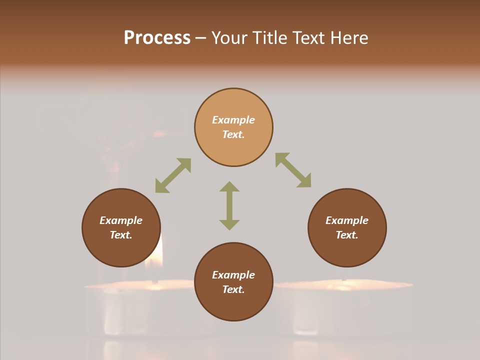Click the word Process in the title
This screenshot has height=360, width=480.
point(157,38)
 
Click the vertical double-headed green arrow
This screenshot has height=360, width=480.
point(229,205)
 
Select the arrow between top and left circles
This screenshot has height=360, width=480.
point(173,175)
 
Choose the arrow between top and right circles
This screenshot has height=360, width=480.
point(293,170)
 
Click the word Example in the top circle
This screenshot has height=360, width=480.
point(233,120)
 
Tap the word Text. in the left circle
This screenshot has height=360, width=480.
point(121,235)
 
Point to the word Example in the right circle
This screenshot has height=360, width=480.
point(347,220)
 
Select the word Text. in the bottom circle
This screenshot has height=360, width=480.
point(233,289)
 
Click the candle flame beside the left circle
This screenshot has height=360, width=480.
point(157,252)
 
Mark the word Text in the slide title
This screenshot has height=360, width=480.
point(307,38)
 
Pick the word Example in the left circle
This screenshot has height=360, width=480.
point(121,220)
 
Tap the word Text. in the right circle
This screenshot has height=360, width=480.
point(347,235)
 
